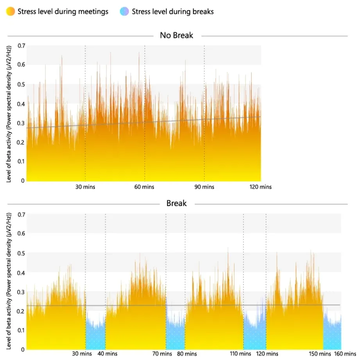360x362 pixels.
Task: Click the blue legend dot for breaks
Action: (124, 12)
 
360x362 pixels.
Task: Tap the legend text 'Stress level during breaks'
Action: (173, 12)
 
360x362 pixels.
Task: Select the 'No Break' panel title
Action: (177, 36)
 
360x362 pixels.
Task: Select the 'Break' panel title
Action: (177, 203)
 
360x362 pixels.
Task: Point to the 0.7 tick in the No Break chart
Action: (20, 46)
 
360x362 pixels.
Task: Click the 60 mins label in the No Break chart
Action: (144, 187)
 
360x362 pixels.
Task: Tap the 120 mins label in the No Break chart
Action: (261, 187)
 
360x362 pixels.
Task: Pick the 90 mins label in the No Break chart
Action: (204, 187)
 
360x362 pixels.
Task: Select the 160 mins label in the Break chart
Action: (345, 354)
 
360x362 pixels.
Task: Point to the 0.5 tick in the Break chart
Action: (20, 253)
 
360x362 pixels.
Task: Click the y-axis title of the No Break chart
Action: (9, 113)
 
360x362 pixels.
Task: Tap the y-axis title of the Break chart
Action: (9, 281)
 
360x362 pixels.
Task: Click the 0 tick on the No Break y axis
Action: (23, 181)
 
